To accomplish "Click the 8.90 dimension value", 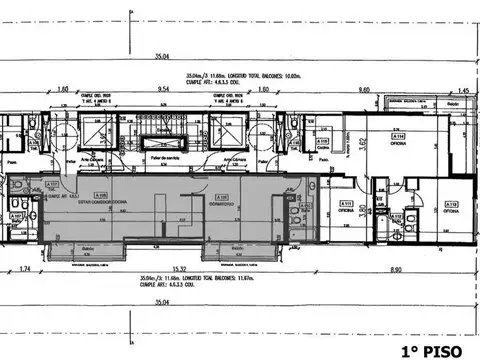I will click(396, 269).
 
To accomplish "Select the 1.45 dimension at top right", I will click(461, 89).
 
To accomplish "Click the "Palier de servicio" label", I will click(164, 159).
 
